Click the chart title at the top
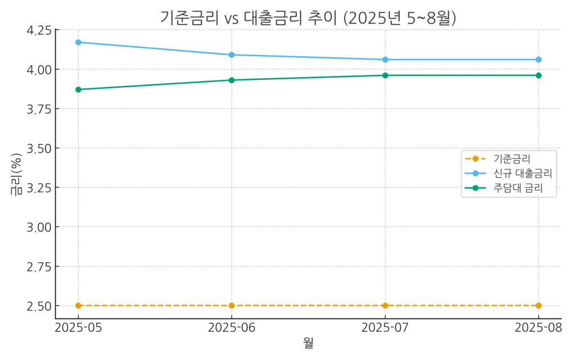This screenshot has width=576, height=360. tap(308, 18)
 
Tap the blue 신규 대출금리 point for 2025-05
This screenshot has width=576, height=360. tap(78, 42)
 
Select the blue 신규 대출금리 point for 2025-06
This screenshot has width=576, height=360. tap(232, 55)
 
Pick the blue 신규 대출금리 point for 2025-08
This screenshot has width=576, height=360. tap(538, 60)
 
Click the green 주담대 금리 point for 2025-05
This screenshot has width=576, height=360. tap(78, 89)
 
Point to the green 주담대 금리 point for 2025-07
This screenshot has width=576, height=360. tap(385, 75)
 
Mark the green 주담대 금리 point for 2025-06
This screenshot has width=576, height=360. tap(232, 80)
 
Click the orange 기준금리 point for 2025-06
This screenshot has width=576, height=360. tap(232, 305)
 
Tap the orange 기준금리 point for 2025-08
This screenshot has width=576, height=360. tap(538, 305)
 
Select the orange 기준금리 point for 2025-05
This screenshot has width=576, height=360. tap(78, 305)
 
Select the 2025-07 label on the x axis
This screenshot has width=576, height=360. tap(385, 328)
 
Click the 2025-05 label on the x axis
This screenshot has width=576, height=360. tap(78, 328)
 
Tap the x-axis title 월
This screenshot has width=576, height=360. tap(308, 343)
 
